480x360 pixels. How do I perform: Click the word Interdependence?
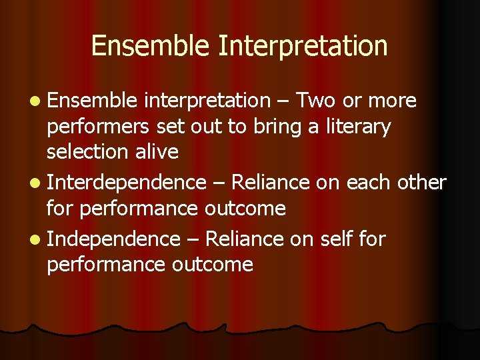click(127, 182)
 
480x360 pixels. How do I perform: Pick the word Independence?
click(114, 239)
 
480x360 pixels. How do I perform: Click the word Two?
click(317, 101)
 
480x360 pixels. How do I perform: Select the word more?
click(393, 101)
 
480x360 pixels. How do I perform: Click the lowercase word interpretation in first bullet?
click(207, 101)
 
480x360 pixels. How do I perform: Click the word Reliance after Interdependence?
click(274, 182)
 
